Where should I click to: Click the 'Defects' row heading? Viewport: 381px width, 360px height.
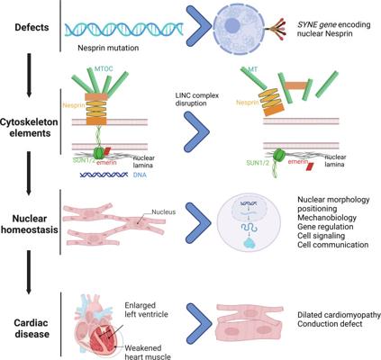(x=32, y=27)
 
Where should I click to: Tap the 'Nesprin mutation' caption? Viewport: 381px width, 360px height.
(x=108, y=48)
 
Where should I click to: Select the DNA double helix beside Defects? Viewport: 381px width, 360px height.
(x=124, y=30)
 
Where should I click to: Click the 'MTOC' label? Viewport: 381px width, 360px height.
(x=104, y=69)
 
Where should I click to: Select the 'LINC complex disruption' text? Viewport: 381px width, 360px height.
(x=197, y=99)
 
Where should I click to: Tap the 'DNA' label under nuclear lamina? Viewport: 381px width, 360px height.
(x=140, y=175)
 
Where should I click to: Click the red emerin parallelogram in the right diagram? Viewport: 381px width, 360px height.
(x=309, y=166)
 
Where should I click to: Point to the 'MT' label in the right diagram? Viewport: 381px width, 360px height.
(x=253, y=69)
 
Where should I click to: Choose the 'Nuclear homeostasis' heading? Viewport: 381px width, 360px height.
(x=30, y=224)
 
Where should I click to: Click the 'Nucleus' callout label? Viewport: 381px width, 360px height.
(x=163, y=212)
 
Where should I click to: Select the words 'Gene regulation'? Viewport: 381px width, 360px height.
(x=325, y=227)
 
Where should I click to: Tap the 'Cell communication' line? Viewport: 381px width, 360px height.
(x=333, y=245)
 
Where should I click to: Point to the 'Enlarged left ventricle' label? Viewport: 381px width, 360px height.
(x=146, y=310)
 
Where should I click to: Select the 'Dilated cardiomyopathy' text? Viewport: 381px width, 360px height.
(x=339, y=315)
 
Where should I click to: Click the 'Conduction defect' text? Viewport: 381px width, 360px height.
(x=330, y=324)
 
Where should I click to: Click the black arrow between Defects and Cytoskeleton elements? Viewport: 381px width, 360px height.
(x=29, y=75)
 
